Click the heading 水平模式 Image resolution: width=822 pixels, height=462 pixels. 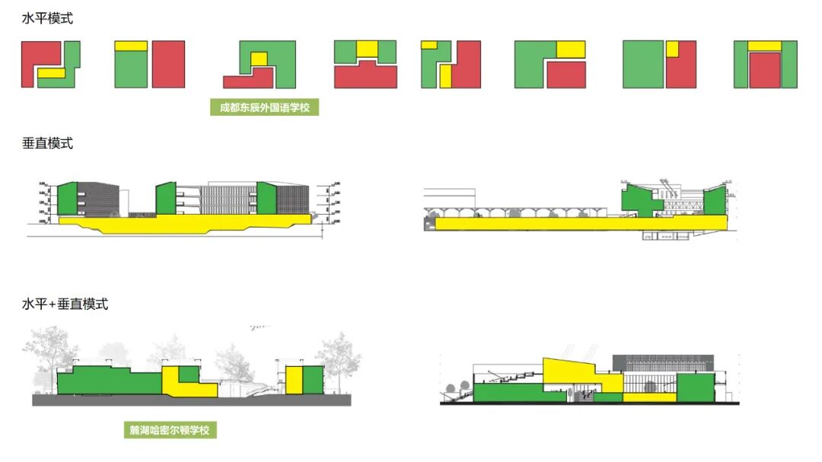pyautogui.click(x=47, y=18)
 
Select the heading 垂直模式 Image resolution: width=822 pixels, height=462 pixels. pyautogui.click(x=47, y=143)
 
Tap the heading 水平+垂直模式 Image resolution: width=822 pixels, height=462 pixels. pyautogui.click(x=65, y=304)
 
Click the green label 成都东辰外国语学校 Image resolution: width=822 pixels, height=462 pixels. pyautogui.click(x=264, y=107)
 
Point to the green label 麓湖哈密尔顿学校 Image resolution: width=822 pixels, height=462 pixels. pyautogui.click(x=170, y=430)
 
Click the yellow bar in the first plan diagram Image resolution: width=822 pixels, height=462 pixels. pyautogui.click(x=52, y=73)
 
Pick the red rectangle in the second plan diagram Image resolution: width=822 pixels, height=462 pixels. pyautogui.click(x=168, y=65)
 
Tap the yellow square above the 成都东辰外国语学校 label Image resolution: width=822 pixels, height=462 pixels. pyautogui.click(x=260, y=59)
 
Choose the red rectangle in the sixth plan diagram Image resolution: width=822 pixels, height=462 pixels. pyautogui.click(x=566, y=75)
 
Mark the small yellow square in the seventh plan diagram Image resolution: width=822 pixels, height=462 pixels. pyautogui.click(x=672, y=49)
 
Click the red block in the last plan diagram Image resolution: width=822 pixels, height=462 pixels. pyautogui.click(x=766, y=70)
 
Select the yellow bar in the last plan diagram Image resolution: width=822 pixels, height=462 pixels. pyautogui.click(x=766, y=46)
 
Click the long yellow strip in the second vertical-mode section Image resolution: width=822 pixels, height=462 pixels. pyautogui.click(x=533, y=223)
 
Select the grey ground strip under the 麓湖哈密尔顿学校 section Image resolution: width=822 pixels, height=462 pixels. pyautogui.click(x=190, y=400)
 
